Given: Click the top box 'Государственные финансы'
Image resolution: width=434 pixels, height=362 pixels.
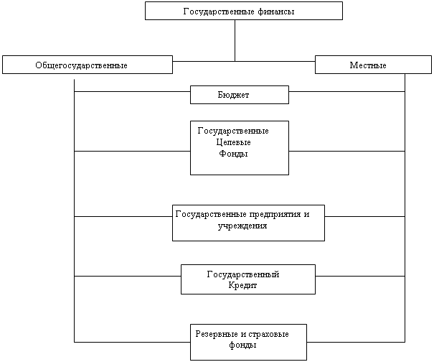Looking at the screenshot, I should (243, 11).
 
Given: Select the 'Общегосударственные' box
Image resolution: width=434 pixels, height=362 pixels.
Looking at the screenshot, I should (87, 65).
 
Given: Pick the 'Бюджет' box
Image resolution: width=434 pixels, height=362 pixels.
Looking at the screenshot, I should (239, 95).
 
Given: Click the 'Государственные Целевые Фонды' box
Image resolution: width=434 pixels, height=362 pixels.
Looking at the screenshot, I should (239, 148).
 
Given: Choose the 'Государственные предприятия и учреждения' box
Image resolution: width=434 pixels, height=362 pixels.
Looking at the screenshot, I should (248, 223).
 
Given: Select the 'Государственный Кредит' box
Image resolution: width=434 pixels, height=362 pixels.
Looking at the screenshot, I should (247, 279).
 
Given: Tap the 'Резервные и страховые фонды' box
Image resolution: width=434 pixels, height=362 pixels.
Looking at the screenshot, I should (248, 342).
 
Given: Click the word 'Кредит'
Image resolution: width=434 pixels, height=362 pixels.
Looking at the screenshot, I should (242, 285).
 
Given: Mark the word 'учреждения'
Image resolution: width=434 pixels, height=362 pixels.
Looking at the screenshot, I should (242, 226).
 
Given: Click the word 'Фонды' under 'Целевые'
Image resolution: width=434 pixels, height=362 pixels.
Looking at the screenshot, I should (233, 153).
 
